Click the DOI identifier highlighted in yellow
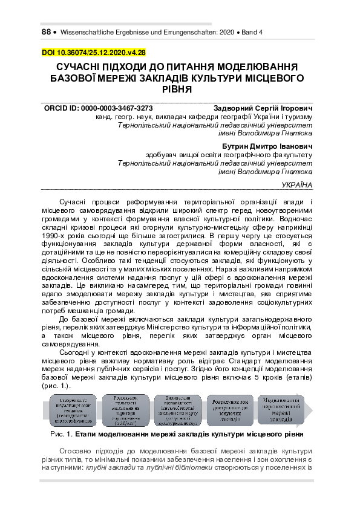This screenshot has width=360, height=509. (x=93, y=53)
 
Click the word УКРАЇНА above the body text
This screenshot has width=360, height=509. (x=298, y=184)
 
